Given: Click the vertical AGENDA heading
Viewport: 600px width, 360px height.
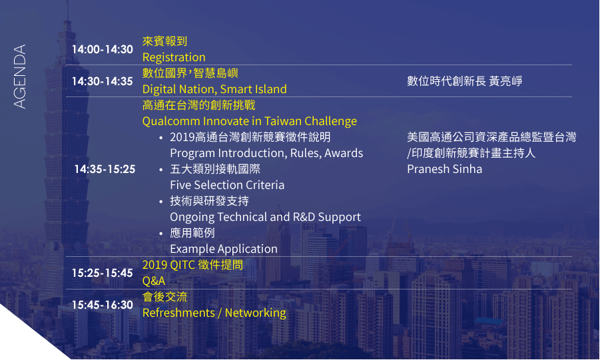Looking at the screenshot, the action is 20,77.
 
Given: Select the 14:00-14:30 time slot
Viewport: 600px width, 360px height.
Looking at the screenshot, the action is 102,49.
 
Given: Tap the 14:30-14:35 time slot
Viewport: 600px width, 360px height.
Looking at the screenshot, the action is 102,81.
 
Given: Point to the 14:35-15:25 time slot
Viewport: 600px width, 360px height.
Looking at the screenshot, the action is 105,169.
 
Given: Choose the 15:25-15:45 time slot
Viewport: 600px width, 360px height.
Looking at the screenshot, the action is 102,273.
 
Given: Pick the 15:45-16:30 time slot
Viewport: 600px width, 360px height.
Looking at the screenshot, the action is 102,305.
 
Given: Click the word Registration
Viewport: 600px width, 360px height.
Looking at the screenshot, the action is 174,57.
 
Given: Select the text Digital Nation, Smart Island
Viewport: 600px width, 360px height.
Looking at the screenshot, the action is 214,89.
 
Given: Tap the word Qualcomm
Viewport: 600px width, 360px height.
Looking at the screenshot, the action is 171,121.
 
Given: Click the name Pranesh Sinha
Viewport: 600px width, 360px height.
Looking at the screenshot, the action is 444,169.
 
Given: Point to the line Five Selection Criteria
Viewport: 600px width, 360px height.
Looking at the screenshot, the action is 227,185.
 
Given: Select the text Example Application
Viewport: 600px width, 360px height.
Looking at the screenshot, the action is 224,249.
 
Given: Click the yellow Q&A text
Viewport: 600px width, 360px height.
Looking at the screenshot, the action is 154,281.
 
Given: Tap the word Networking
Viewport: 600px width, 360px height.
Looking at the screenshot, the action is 255,313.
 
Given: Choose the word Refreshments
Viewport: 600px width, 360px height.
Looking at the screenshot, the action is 178,313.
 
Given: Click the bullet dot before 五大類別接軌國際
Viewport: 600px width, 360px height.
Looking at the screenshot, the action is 161,170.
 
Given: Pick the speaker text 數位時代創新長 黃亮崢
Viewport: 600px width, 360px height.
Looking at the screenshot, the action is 465,81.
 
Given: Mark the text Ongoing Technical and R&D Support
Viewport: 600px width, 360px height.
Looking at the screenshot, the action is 265,218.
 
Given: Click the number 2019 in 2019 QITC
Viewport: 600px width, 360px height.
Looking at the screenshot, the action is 154,265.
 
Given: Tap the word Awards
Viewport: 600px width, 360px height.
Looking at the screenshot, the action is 344,153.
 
